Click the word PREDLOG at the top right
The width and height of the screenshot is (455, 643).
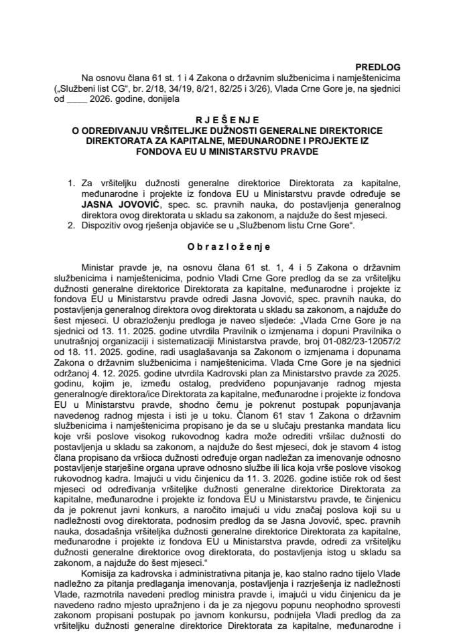(x=413, y=68)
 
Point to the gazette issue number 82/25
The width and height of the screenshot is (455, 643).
(x=212, y=89)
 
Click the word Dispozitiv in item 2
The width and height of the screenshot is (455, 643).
(x=108, y=226)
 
